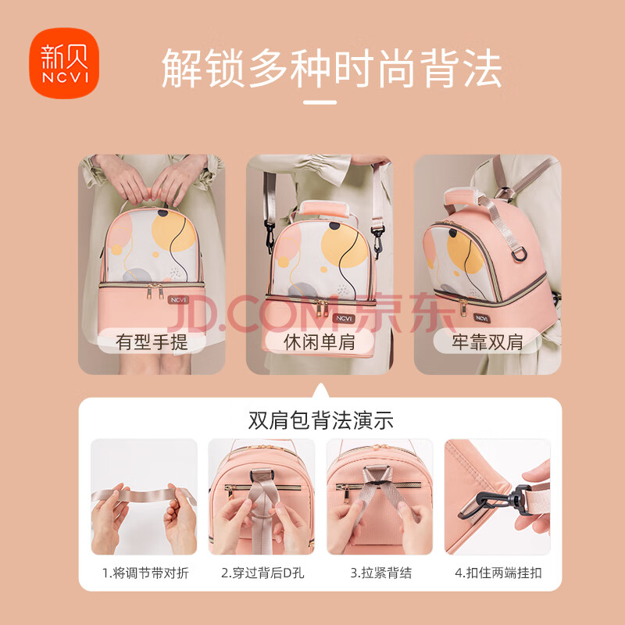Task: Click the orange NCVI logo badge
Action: (x=64, y=63)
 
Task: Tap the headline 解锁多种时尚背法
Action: (x=331, y=69)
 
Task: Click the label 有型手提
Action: (x=152, y=342)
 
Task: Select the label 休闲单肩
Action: (x=320, y=342)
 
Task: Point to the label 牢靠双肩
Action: (x=487, y=342)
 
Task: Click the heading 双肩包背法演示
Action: (x=321, y=420)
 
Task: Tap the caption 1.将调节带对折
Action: (x=145, y=573)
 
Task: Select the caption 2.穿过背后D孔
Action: (x=262, y=573)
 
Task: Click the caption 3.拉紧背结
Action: (x=380, y=573)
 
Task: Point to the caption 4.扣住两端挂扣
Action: (x=498, y=573)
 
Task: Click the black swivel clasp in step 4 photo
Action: (x=495, y=502)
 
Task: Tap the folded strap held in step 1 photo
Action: (x=144, y=496)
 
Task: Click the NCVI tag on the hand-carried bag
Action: (x=178, y=300)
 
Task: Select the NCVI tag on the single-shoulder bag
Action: (x=344, y=318)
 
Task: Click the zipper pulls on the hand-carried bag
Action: (x=155, y=291)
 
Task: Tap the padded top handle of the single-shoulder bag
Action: (x=323, y=209)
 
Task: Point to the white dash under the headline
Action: (x=320, y=102)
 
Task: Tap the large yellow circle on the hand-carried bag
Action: (x=173, y=230)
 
